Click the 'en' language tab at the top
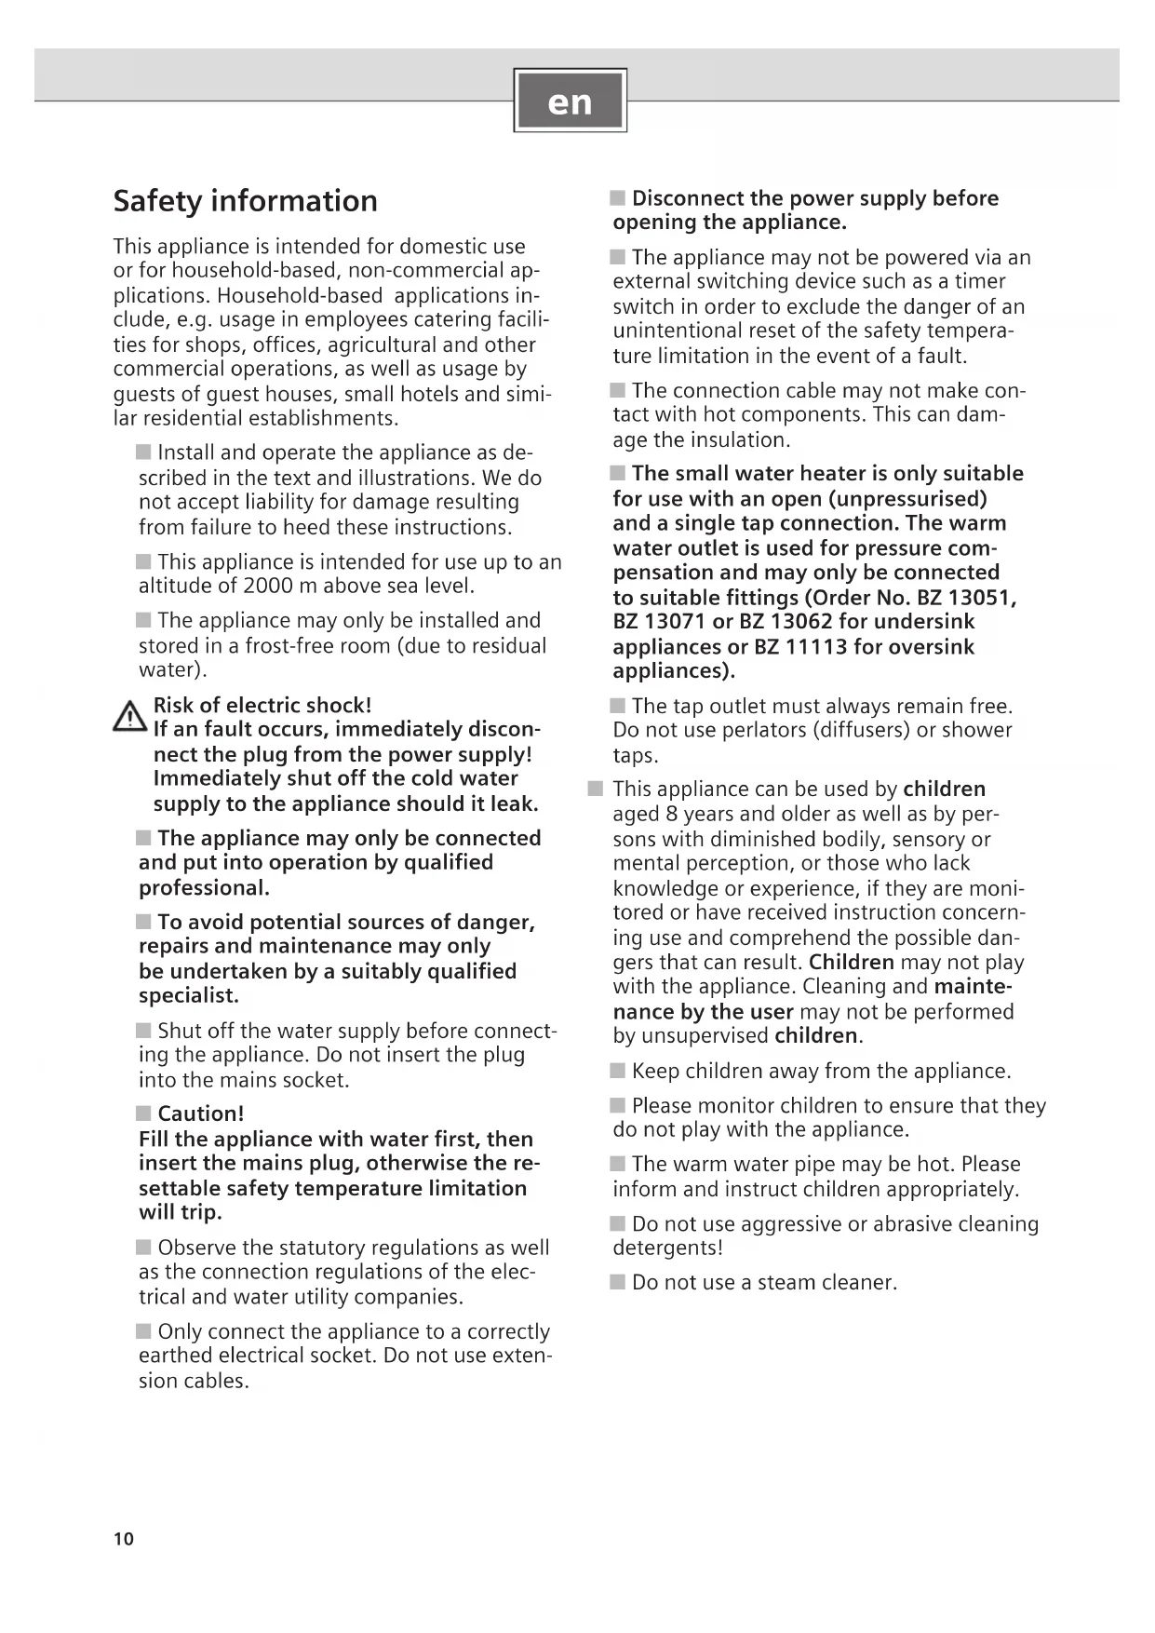coord(570,101)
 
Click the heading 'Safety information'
coord(245,201)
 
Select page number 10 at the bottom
coord(124,1539)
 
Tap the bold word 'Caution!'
coord(201,1113)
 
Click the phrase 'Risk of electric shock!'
coord(262,705)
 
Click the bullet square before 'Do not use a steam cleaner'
coord(618,1282)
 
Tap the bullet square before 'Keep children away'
coord(618,1071)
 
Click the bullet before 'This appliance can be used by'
coord(596,789)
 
